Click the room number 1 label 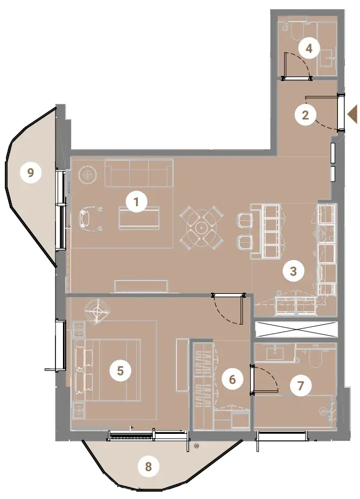click(x=136, y=202)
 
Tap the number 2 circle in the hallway click(x=305, y=115)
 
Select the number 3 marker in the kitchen click(x=293, y=271)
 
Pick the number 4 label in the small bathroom click(x=308, y=48)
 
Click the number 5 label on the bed click(x=120, y=370)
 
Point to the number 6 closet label click(x=232, y=379)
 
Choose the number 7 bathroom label click(x=300, y=386)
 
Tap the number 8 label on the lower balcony click(x=148, y=467)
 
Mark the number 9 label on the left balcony click(x=31, y=173)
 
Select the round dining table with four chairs click(x=201, y=228)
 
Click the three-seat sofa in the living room click(x=139, y=173)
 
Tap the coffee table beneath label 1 click(x=139, y=217)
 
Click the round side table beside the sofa click(x=88, y=174)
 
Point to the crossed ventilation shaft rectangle click(x=296, y=329)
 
